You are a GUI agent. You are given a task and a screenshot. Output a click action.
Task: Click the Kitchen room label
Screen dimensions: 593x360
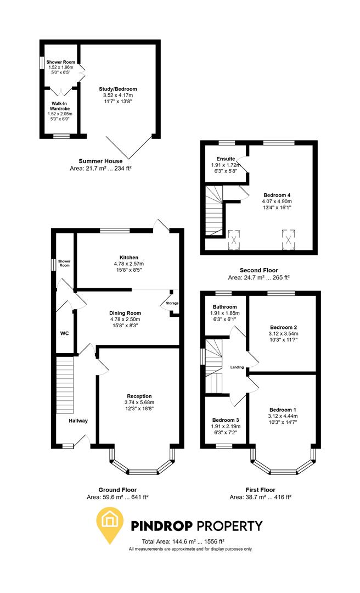pos(129,257)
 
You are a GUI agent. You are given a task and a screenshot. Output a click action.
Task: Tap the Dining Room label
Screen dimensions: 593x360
pos(127,313)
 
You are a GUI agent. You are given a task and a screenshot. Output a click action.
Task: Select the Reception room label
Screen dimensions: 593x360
pos(139,396)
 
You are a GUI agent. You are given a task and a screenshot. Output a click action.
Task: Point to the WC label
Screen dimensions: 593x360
pos(64,333)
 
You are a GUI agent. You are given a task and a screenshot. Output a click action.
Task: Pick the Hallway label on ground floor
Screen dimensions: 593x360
pos(78,421)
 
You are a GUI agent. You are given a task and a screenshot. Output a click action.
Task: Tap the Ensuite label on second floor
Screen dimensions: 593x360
pos(226,159)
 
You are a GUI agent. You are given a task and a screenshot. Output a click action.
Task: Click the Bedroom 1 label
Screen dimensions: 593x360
pos(283,410)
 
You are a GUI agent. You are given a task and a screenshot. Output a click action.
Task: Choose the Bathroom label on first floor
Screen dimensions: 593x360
pos(226,307)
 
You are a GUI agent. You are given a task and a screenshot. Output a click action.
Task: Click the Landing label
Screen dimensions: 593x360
pos(237,367)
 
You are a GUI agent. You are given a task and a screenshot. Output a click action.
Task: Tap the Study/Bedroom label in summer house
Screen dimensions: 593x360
pos(118,89)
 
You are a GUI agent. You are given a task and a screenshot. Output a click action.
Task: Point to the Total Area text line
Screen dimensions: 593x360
pos(190,541)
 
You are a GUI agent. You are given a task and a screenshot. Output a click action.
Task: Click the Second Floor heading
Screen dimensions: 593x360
pos(259,270)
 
